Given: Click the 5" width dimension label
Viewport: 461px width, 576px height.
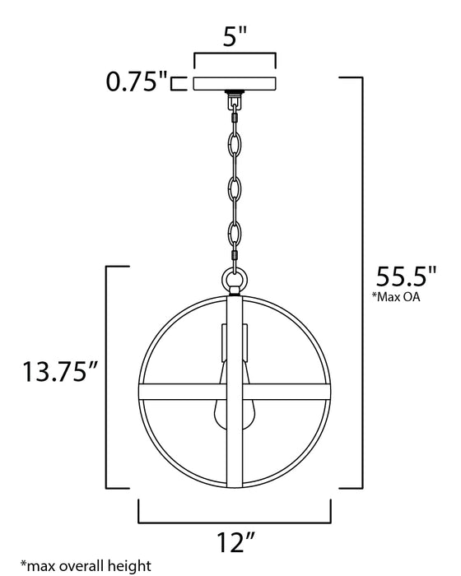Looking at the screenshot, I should click(235, 35).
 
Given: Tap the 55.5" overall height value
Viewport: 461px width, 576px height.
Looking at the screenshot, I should click(406, 276).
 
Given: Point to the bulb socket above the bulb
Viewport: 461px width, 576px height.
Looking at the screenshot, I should click(235, 346).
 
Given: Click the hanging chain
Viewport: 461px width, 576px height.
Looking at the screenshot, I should click(235, 181).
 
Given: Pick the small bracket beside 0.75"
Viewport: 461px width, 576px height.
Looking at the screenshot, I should click(175, 82).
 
